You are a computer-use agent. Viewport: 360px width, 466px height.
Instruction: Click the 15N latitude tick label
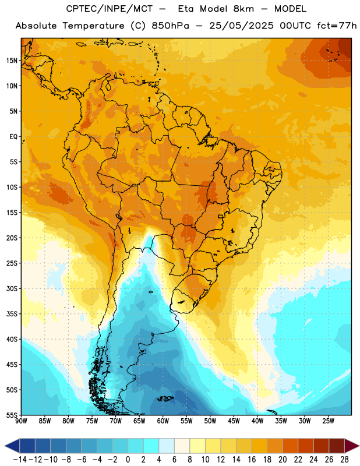(12, 61)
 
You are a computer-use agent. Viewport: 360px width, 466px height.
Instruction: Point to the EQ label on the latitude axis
(13, 137)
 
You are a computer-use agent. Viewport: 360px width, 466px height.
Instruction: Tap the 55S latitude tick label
(12, 415)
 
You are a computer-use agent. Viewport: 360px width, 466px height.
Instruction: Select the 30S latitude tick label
(12, 288)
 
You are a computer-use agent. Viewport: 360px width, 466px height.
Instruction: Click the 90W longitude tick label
(21, 421)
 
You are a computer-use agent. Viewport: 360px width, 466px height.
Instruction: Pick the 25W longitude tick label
(328, 421)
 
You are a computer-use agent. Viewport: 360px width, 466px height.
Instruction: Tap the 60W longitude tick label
(163, 421)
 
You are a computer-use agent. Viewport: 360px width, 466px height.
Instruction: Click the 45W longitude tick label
(234, 421)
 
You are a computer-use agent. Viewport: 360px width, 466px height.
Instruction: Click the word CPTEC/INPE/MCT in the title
(109, 9)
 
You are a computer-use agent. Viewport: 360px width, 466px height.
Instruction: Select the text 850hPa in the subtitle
(170, 26)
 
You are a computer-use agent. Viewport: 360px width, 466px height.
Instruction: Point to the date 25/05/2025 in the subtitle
(241, 26)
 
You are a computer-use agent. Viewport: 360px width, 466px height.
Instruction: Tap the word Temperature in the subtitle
(93, 26)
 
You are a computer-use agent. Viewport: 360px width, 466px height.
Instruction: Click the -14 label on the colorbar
(20, 460)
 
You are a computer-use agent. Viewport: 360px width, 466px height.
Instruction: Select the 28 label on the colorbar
(344, 460)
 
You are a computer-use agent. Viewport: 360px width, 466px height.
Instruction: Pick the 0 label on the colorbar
(128, 460)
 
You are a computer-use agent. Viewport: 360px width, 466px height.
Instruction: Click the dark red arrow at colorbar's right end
(352, 446)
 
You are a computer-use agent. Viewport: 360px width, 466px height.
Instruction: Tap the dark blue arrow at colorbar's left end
(12, 446)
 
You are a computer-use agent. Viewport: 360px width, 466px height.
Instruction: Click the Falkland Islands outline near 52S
(165, 398)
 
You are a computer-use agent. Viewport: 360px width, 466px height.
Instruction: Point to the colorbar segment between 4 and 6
(167, 446)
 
